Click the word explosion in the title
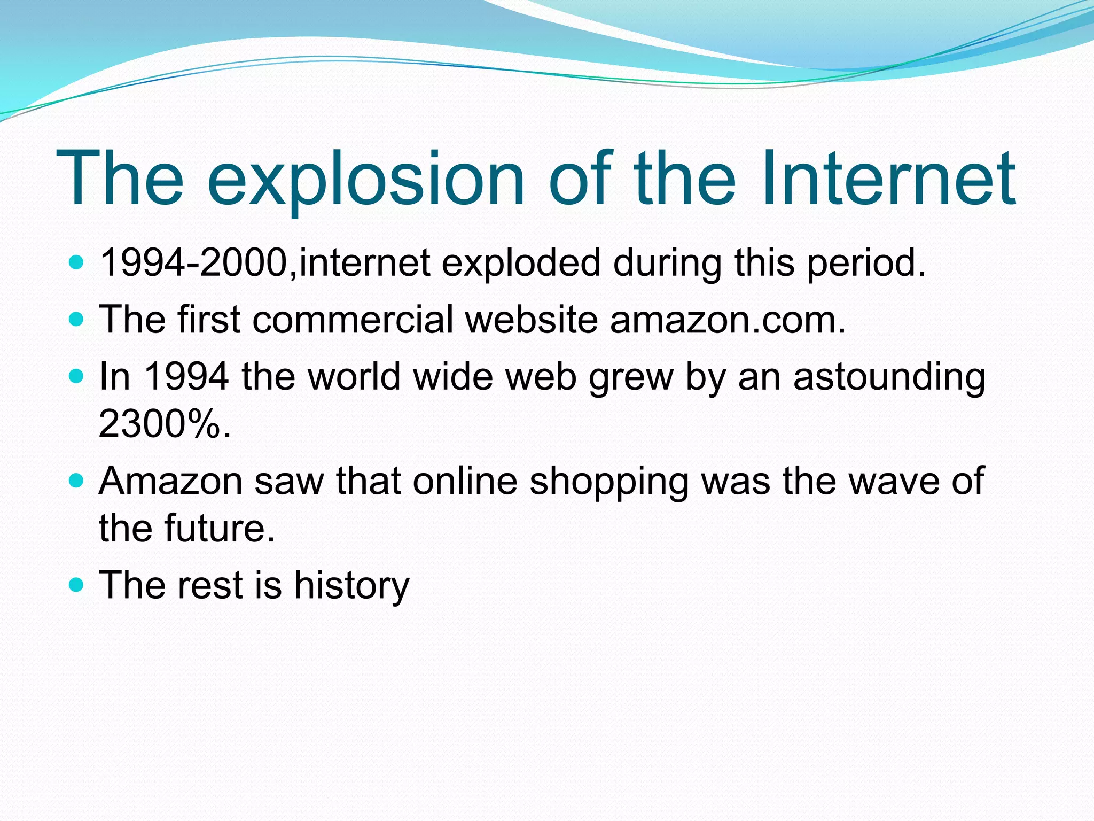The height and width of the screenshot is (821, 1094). point(366,179)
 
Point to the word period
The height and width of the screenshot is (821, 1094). point(865,264)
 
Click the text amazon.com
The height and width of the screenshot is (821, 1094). point(728,320)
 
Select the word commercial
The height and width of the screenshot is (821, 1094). point(353,320)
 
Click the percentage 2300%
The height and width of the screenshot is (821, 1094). point(165,423)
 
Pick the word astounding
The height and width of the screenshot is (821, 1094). point(889,377)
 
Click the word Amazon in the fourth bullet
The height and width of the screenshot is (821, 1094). point(170,481)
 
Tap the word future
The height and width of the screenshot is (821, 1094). point(219,528)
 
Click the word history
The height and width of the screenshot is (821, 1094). point(351,585)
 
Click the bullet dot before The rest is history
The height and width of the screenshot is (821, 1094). point(77,585)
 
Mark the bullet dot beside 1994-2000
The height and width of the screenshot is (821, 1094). point(77,263)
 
